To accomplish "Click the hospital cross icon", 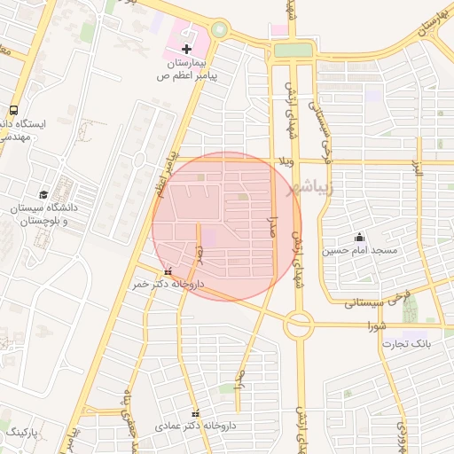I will [187, 49].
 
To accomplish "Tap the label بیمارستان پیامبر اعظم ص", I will [187, 71].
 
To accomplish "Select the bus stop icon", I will [13, 111].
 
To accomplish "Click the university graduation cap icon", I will [43, 194].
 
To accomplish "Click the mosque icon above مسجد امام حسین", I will [359, 237].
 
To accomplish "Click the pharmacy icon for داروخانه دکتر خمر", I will [168, 271].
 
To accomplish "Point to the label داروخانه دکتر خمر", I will [168, 285].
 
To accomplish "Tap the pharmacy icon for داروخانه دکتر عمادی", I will [196, 413].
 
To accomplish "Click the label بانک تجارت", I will [413, 343].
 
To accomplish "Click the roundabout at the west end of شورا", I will [298, 327].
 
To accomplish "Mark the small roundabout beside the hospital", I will [218, 30].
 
